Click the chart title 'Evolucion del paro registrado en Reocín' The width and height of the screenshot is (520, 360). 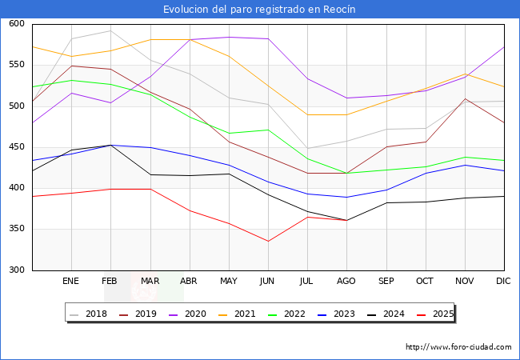(259, 9)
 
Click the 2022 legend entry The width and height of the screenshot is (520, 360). (294, 314)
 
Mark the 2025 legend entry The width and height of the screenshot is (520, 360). (441, 314)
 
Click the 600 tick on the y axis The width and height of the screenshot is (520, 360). (16, 24)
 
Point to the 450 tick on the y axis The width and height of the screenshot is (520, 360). (16, 147)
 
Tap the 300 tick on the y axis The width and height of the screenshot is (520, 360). (16, 270)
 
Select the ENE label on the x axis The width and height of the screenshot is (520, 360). (71, 282)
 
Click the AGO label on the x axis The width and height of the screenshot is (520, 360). (346, 282)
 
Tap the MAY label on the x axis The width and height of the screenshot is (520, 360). (229, 282)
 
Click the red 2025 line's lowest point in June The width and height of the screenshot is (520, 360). (268, 241)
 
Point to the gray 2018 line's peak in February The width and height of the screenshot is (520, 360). (110, 31)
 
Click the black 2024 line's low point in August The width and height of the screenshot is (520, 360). (346, 220)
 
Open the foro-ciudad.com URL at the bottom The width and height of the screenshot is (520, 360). (458, 347)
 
